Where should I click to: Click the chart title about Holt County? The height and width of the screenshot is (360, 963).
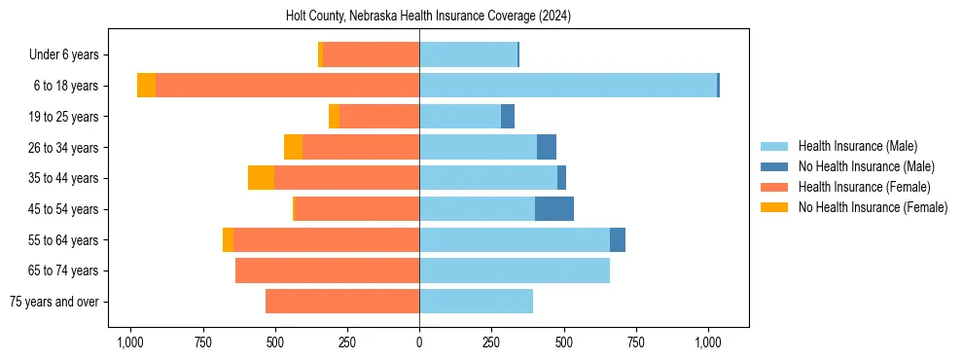(428, 17)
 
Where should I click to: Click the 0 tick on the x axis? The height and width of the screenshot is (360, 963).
(419, 342)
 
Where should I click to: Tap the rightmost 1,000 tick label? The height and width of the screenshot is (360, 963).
(707, 342)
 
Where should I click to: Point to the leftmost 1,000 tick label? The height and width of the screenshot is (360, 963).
(131, 342)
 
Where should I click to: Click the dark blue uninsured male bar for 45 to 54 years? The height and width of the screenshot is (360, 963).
(554, 209)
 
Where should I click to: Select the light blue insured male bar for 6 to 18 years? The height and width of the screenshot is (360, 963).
(568, 86)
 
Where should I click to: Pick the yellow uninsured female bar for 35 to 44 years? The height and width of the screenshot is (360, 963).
(261, 178)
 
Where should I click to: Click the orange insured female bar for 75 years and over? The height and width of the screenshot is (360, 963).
(342, 302)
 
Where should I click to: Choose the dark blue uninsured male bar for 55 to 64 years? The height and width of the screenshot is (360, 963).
(618, 239)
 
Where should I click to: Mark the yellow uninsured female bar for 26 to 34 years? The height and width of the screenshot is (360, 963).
(293, 147)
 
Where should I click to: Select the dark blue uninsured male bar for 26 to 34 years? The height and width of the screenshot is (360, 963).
(547, 147)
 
